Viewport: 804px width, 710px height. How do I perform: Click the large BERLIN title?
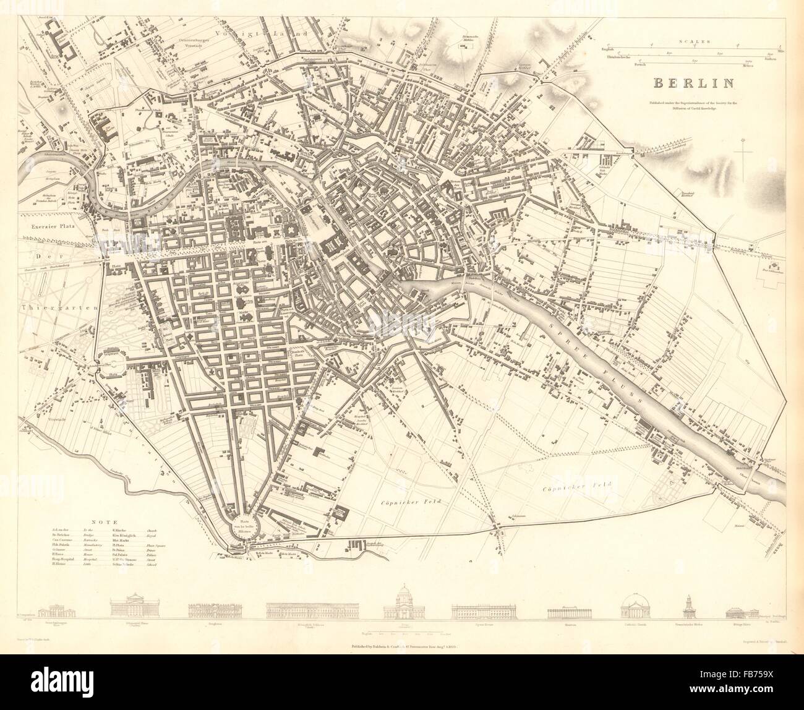(x=690, y=82)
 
